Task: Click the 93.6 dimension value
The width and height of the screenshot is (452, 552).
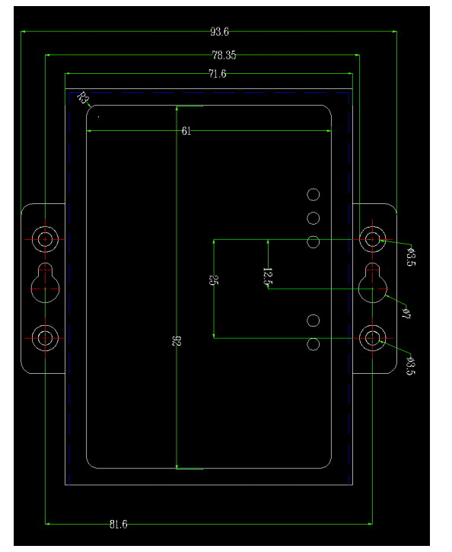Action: click(219, 32)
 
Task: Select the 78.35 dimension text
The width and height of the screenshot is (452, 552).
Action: click(224, 55)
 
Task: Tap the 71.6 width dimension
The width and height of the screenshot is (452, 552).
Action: click(218, 74)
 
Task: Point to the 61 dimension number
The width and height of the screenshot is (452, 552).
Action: click(186, 131)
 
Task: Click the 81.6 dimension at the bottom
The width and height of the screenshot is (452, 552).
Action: click(118, 524)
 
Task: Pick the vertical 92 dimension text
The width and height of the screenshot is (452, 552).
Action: click(177, 341)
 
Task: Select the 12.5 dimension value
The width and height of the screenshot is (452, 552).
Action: click(267, 276)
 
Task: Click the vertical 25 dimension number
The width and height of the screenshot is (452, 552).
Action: click(214, 280)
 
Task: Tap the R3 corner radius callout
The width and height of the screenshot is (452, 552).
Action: click(83, 98)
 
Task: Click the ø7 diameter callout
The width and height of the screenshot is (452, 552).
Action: click(406, 313)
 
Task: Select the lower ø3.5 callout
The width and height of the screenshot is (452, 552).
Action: click(410, 365)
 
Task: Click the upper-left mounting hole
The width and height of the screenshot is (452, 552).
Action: click(45, 226)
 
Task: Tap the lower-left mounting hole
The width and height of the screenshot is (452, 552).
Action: click(45, 325)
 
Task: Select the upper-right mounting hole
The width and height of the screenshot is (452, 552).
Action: click(372, 226)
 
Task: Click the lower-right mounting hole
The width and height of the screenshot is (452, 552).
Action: click(372, 325)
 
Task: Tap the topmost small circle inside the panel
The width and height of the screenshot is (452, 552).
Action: click(313, 189)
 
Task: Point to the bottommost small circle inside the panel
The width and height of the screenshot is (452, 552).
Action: click(313, 338)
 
